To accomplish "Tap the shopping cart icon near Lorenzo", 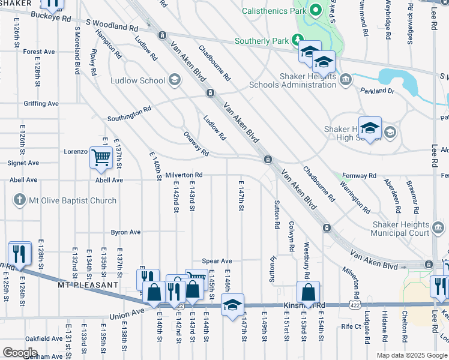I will coord(101,158).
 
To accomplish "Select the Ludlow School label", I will coord(138,80).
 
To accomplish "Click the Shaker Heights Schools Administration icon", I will coord(345,79).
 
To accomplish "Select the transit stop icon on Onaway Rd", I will coord(267,159).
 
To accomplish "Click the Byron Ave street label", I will coord(125,232).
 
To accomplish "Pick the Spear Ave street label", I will coord(217,261).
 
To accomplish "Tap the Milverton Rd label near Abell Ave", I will coord(184,175).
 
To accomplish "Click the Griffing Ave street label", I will coord(41,104).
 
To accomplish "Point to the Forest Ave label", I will coord(40,52).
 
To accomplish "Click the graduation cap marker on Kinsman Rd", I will coord(233,304).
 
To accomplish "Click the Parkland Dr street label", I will coord(377,91).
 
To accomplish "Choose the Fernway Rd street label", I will coord(358,176).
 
